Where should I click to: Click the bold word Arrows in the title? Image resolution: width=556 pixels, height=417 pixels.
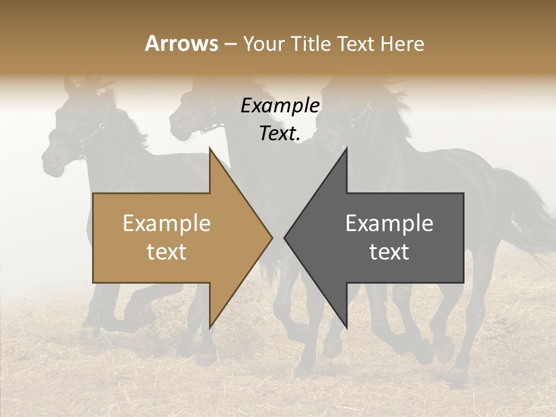(182, 44)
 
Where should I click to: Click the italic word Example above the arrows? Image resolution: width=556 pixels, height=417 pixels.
(280, 106)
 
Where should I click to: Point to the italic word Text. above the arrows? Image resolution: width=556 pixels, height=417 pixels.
(280, 134)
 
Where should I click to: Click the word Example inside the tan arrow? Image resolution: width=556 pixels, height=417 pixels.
(167, 224)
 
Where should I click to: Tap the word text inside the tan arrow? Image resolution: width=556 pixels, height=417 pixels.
(167, 252)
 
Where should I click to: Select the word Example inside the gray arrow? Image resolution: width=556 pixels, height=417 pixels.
(389, 224)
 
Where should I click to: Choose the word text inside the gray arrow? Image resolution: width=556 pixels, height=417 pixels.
(389, 252)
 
